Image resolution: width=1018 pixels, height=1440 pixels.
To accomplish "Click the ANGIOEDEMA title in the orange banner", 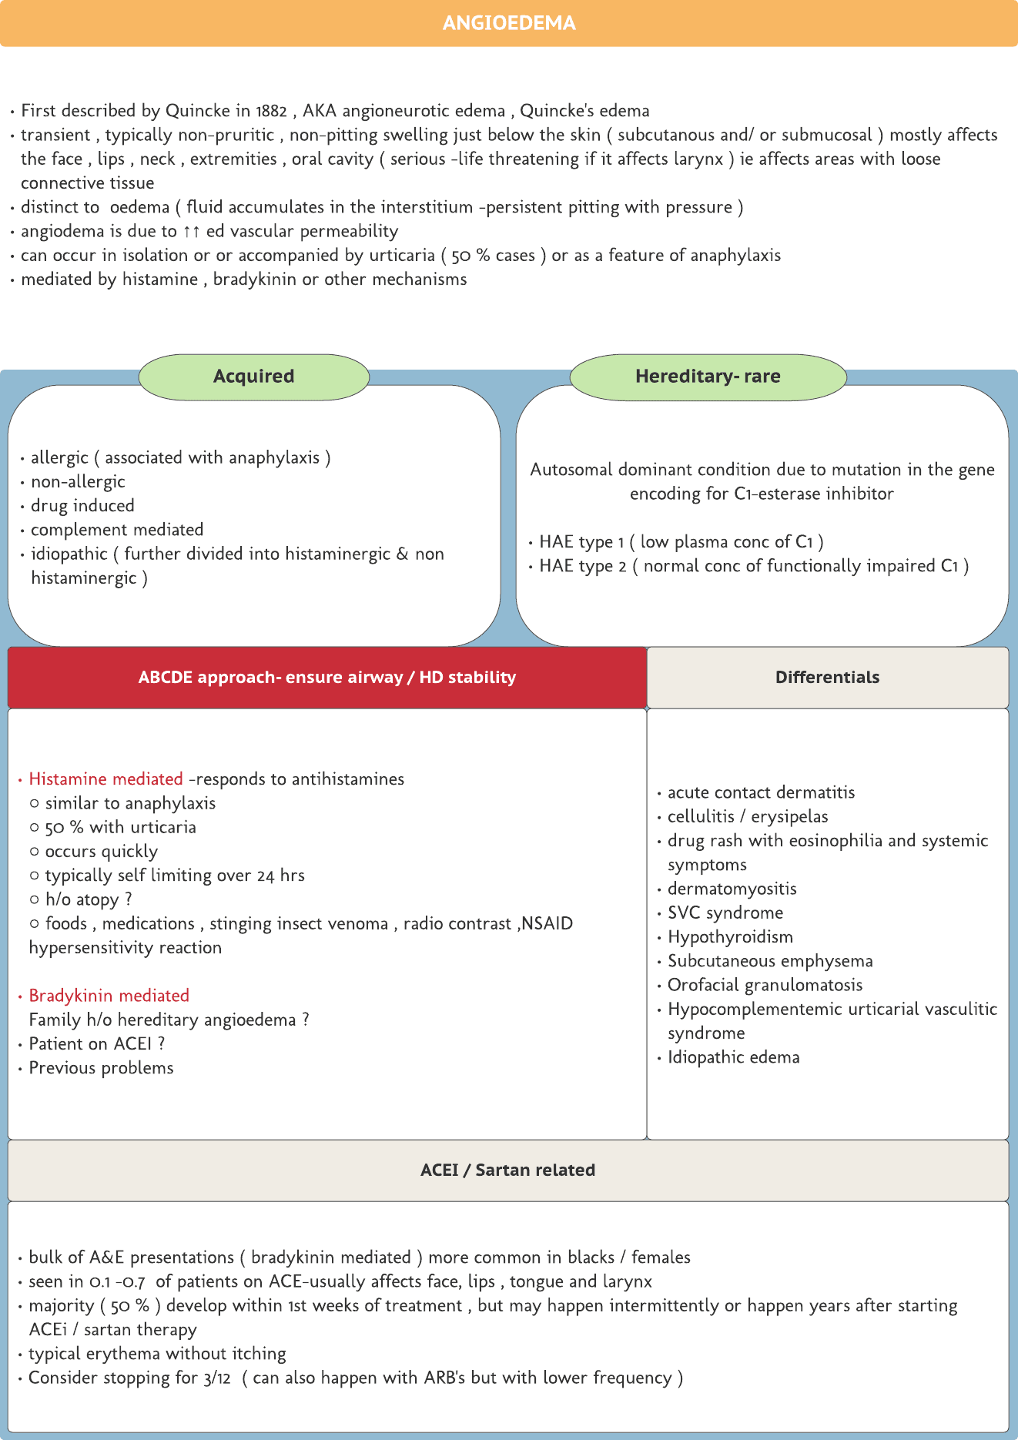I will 508,23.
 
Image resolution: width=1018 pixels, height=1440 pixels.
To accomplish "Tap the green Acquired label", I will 253,377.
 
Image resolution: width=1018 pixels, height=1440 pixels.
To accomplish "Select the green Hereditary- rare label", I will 708,377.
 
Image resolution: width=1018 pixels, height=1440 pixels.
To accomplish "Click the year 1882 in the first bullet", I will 272,111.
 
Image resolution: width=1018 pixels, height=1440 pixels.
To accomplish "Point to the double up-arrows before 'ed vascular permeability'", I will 191,232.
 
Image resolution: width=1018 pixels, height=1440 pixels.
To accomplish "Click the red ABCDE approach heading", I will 327,678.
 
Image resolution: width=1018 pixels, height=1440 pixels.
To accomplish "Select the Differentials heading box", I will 827,678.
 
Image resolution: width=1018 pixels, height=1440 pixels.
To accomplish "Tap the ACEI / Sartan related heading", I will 508,1170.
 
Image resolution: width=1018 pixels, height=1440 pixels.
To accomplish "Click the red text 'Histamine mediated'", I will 105,779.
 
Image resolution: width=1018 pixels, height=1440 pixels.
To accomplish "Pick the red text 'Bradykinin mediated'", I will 109,996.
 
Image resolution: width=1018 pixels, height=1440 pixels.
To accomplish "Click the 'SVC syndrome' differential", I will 725,913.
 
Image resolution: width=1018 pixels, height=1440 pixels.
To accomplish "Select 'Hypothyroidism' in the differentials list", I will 730,937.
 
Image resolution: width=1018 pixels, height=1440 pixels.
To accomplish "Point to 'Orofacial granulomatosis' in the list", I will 765,985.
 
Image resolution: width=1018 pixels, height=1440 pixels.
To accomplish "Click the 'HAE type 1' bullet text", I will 581,542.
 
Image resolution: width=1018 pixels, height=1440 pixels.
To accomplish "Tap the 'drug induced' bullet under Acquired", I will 82,506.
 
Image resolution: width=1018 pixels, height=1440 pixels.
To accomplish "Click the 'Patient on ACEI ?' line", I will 97,1044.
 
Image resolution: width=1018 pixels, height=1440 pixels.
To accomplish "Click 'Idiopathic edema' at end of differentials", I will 733,1057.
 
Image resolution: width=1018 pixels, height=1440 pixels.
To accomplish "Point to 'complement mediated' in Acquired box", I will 117,530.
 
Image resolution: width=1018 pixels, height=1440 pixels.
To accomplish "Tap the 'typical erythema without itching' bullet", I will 157,1354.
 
